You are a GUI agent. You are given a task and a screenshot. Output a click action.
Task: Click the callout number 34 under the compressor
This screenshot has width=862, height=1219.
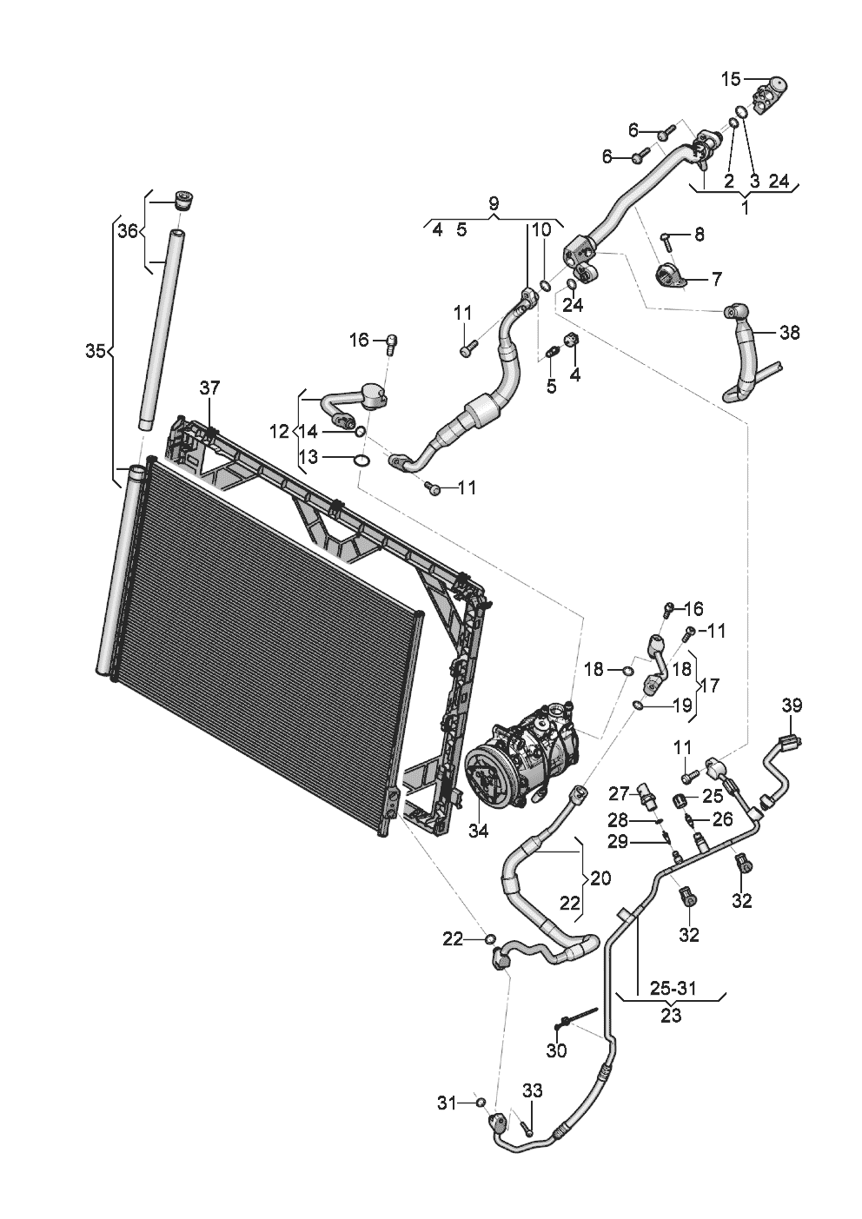click(478, 831)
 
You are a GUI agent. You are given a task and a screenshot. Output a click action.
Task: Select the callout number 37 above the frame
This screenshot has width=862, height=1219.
click(210, 388)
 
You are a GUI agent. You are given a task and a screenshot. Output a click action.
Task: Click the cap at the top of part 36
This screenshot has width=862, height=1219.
click(182, 200)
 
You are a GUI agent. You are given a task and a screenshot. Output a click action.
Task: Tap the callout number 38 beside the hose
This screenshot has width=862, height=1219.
click(789, 333)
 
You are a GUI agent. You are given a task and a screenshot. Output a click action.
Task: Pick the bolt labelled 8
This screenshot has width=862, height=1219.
click(667, 235)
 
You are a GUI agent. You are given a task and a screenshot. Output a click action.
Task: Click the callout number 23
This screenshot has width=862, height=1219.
click(671, 1014)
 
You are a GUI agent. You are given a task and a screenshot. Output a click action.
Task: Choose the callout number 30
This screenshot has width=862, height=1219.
click(556, 1050)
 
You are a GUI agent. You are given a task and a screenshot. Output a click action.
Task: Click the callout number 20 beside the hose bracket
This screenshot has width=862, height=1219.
click(600, 878)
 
